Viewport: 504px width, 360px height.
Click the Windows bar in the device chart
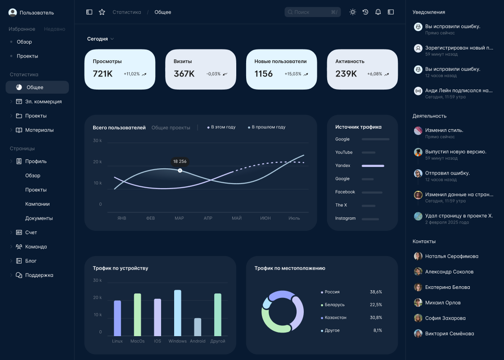(x=177, y=313)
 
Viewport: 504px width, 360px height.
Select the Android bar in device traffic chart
(x=198, y=327)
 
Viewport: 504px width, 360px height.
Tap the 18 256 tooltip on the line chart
(x=180, y=161)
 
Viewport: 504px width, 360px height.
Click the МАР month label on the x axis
(x=179, y=218)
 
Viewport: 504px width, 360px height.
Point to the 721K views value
(x=103, y=74)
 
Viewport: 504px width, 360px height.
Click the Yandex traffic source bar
(x=373, y=166)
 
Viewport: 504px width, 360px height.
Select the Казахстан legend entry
(x=335, y=318)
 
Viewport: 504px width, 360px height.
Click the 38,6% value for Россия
(x=376, y=292)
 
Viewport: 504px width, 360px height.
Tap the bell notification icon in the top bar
(x=378, y=12)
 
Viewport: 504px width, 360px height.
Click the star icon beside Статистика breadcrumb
(x=102, y=12)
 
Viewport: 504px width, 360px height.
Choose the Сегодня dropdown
(x=100, y=39)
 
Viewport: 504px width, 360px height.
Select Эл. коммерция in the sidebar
(x=43, y=102)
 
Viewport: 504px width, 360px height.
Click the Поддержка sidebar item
(x=39, y=275)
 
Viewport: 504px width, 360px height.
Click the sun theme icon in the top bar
(x=353, y=12)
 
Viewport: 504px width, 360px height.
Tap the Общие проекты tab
(x=171, y=128)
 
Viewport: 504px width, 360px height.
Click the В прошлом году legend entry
(x=268, y=127)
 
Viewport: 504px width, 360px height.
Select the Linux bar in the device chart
(x=117, y=318)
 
